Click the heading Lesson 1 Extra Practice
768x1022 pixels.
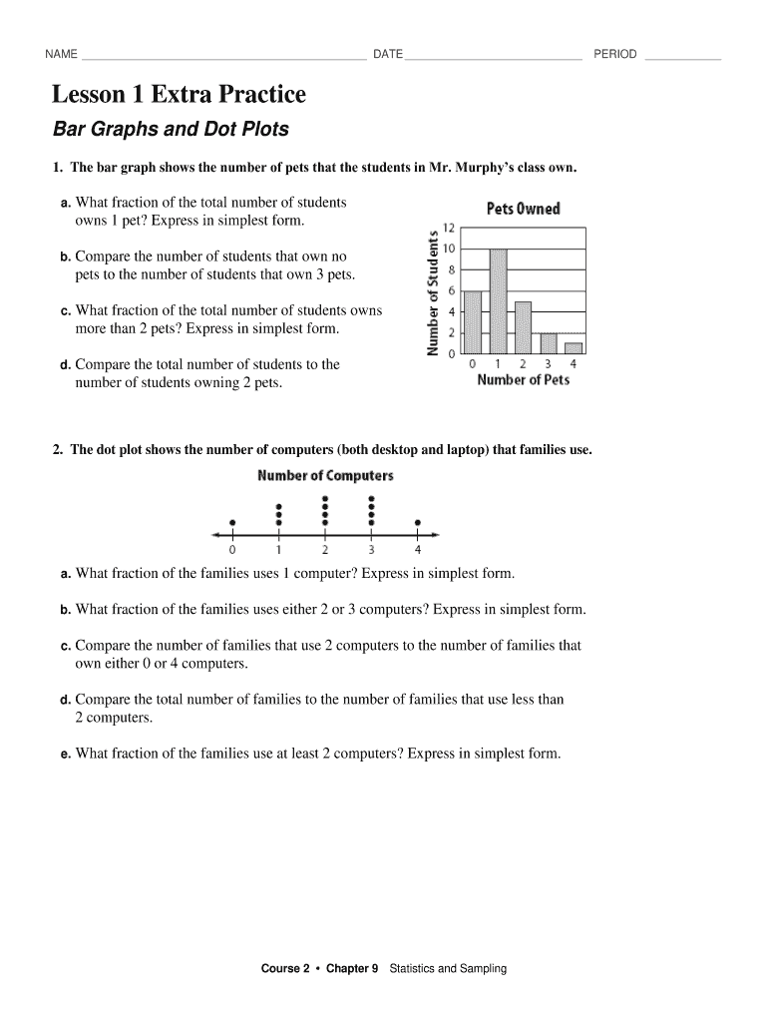click(x=180, y=95)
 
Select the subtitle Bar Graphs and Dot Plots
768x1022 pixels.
click(x=171, y=130)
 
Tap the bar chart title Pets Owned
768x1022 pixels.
click(x=523, y=209)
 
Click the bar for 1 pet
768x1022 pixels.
click(x=498, y=300)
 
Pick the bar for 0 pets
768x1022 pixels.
click(x=473, y=321)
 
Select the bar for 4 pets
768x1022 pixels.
click(x=573, y=347)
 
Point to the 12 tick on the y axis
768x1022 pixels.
click(x=449, y=227)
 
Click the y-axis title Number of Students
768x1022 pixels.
click(x=433, y=292)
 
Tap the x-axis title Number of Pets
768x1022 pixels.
click(x=523, y=380)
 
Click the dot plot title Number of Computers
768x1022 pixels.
click(x=325, y=475)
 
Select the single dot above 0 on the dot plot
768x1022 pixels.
click(x=232, y=522)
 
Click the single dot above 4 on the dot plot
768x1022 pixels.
click(x=417, y=522)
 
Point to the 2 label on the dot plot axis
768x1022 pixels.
click(x=325, y=549)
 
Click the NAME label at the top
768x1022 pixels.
click(x=61, y=54)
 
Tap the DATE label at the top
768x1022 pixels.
click(x=388, y=54)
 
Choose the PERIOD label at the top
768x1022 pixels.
click(x=615, y=54)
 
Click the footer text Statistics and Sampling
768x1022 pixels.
click(x=448, y=968)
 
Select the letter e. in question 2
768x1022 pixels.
click(x=65, y=755)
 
